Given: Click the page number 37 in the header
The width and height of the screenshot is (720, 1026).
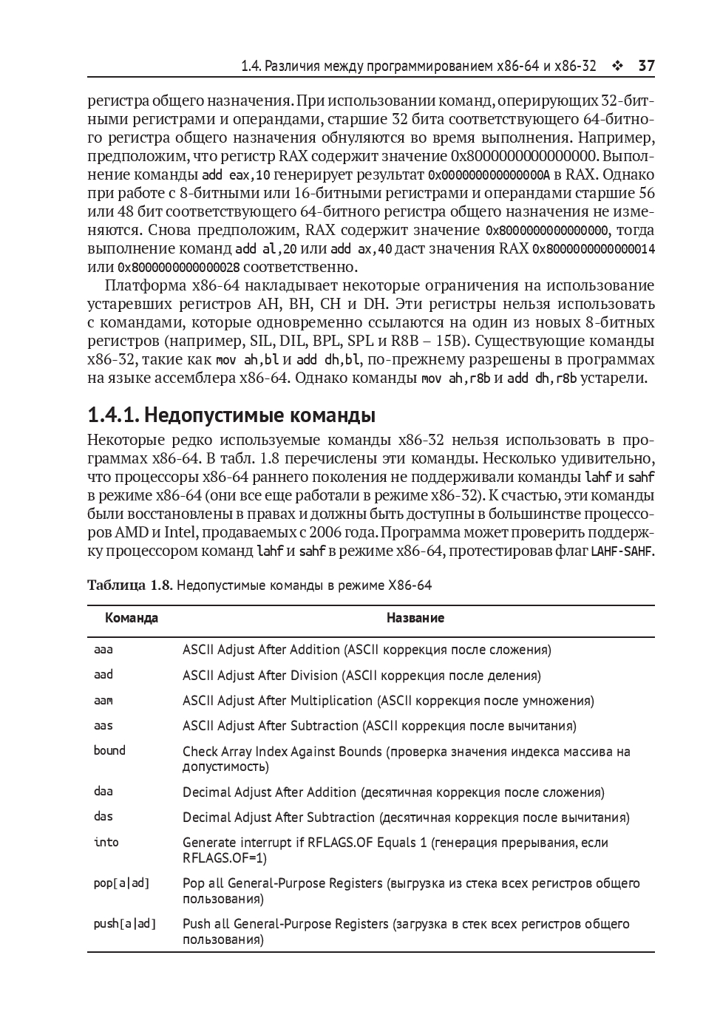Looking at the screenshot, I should click(646, 66).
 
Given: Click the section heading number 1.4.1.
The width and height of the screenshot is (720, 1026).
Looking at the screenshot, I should click(112, 415).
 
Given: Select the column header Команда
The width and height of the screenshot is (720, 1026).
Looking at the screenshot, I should click(132, 618).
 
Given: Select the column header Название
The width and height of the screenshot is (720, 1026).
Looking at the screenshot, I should click(415, 618).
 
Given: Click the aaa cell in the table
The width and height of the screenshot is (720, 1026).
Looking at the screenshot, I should click(103, 650).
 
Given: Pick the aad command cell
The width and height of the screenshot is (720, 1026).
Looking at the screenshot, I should click(103, 675).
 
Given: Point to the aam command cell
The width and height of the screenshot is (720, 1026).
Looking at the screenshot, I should click(103, 701).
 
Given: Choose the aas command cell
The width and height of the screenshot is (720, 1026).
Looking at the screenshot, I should click(103, 726).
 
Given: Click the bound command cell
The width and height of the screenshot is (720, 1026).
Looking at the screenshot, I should click(109, 751).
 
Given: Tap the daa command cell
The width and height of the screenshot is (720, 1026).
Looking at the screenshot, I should click(103, 792).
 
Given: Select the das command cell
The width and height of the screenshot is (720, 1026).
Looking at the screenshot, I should click(103, 817).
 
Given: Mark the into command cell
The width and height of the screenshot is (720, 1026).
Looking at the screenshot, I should click(106, 842).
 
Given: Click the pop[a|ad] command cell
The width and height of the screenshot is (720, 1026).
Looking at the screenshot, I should click(121, 883).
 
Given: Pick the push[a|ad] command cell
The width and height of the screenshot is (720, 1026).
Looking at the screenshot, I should click(125, 924).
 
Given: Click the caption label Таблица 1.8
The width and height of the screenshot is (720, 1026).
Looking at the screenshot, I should click(129, 585).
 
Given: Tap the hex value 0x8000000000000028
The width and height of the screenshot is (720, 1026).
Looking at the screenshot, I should click(179, 268).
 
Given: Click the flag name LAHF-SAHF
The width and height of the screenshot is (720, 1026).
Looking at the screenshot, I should click(622, 551).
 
